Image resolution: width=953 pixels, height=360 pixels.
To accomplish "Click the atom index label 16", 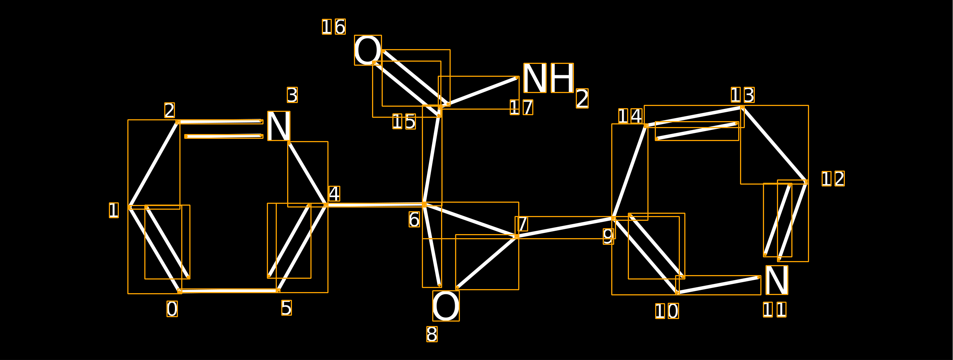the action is [334, 27].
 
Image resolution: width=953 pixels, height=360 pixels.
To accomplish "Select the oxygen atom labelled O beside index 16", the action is [368, 50].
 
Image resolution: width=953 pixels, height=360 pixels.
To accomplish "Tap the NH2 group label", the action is [555, 85].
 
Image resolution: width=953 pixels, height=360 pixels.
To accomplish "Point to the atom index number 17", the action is [521, 107].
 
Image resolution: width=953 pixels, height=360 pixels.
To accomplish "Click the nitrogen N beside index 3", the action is [279, 126].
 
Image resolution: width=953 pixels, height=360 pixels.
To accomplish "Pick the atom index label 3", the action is [292, 95].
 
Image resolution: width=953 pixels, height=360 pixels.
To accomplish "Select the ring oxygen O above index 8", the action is [446, 306].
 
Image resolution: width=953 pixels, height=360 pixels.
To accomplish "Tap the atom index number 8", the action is [432, 334].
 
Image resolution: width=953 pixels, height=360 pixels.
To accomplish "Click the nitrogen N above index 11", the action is [777, 280].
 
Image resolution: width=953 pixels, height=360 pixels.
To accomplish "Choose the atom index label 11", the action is [775, 310].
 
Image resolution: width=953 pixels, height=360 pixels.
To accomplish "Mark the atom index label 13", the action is [743, 95].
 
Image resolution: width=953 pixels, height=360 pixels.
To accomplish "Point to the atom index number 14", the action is [630, 116].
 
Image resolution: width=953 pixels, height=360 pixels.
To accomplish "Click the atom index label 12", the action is [833, 179].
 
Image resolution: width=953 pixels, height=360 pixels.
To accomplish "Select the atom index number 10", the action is [667, 311].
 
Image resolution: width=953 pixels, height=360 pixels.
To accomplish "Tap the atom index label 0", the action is [172, 309].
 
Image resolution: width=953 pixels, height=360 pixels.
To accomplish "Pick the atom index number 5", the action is [286, 308].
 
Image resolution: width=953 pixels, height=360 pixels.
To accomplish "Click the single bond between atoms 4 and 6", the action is [375, 205].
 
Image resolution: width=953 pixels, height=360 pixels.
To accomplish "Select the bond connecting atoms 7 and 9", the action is [565, 227].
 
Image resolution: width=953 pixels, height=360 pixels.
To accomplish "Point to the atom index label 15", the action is [404, 121].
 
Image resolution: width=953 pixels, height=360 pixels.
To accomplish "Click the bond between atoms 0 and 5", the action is [228, 291].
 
